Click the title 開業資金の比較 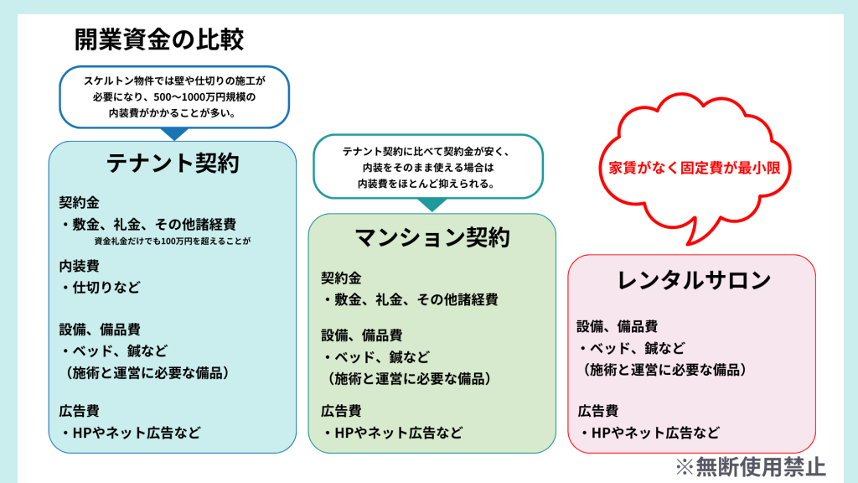pyautogui.click(x=159, y=39)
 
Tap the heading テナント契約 pyautogui.click(x=173, y=163)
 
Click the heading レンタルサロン pyautogui.click(x=693, y=280)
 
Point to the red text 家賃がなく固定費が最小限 pyautogui.click(x=694, y=167)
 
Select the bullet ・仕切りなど pyautogui.click(x=100, y=287)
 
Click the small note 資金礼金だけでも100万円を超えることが pyautogui.click(x=173, y=241)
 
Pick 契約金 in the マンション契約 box pyautogui.click(x=341, y=278)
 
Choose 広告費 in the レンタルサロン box pyautogui.click(x=598, y=411)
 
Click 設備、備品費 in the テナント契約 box pyautogui.click(x=99, y=330)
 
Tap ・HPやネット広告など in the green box pyautogui.click(x=392, y=434)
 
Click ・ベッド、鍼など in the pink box pyautogui.click(x=631, y=348)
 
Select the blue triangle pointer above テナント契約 pyautogui.click(x=174, y=133)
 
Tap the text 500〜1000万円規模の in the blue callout pyautogui.click(x=174, y=97)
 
